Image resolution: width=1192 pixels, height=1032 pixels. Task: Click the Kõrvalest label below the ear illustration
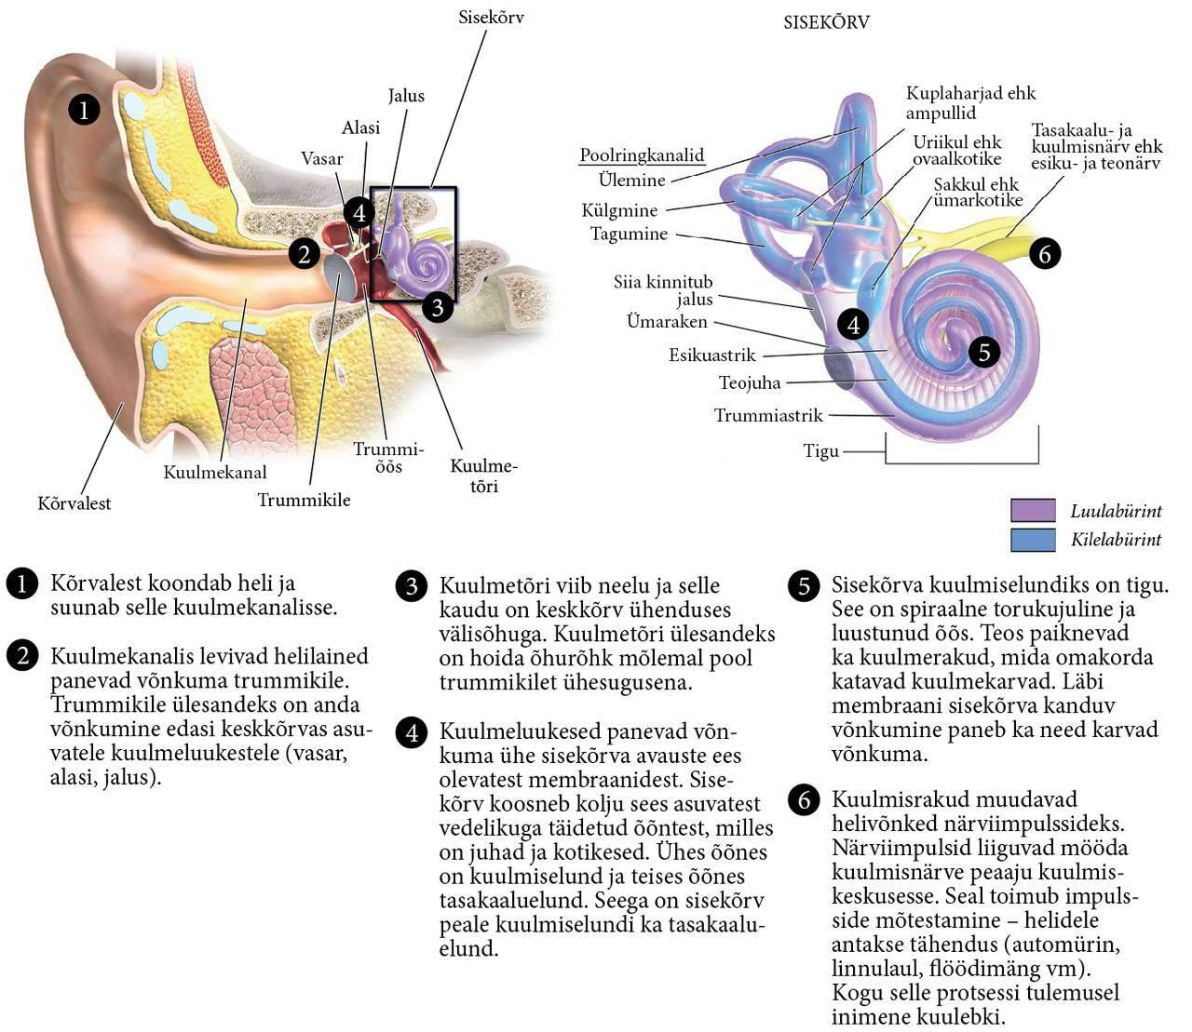click(74, 503)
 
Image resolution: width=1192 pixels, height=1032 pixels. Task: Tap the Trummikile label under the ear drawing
click(304, 500)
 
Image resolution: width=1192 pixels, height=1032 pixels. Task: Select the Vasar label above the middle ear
click(322, 159)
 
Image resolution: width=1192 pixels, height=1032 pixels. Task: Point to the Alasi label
click(360, 128)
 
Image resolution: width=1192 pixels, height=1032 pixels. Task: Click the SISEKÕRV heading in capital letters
click(826, 22)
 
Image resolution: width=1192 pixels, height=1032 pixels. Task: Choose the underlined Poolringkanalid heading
click(642, 155)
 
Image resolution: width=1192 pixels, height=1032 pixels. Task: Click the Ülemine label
click(632, 180)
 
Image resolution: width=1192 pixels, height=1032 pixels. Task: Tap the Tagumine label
click(629, 234)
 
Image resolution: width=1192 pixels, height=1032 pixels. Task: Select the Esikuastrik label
click(712, 355)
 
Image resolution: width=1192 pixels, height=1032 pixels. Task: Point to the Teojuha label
click(750, 382)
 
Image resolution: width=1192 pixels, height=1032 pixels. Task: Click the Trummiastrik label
click(768, 415)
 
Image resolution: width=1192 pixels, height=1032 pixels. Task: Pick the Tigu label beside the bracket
click(821, 451)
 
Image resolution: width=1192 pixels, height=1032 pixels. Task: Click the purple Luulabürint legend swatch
click(1033, 510)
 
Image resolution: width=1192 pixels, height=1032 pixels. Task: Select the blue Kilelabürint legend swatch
click(1033, 540)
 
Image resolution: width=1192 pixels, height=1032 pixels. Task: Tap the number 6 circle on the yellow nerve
click(1045, 253)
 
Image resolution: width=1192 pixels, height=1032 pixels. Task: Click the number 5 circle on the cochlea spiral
click(984, 352)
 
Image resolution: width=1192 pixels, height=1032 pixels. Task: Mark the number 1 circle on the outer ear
click(84, 110)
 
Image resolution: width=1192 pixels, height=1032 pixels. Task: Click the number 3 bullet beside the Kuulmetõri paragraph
click(412, 587)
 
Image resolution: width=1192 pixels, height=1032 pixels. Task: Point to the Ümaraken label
click(667, 322)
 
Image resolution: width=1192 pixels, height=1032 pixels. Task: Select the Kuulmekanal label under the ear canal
click(215, 472)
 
